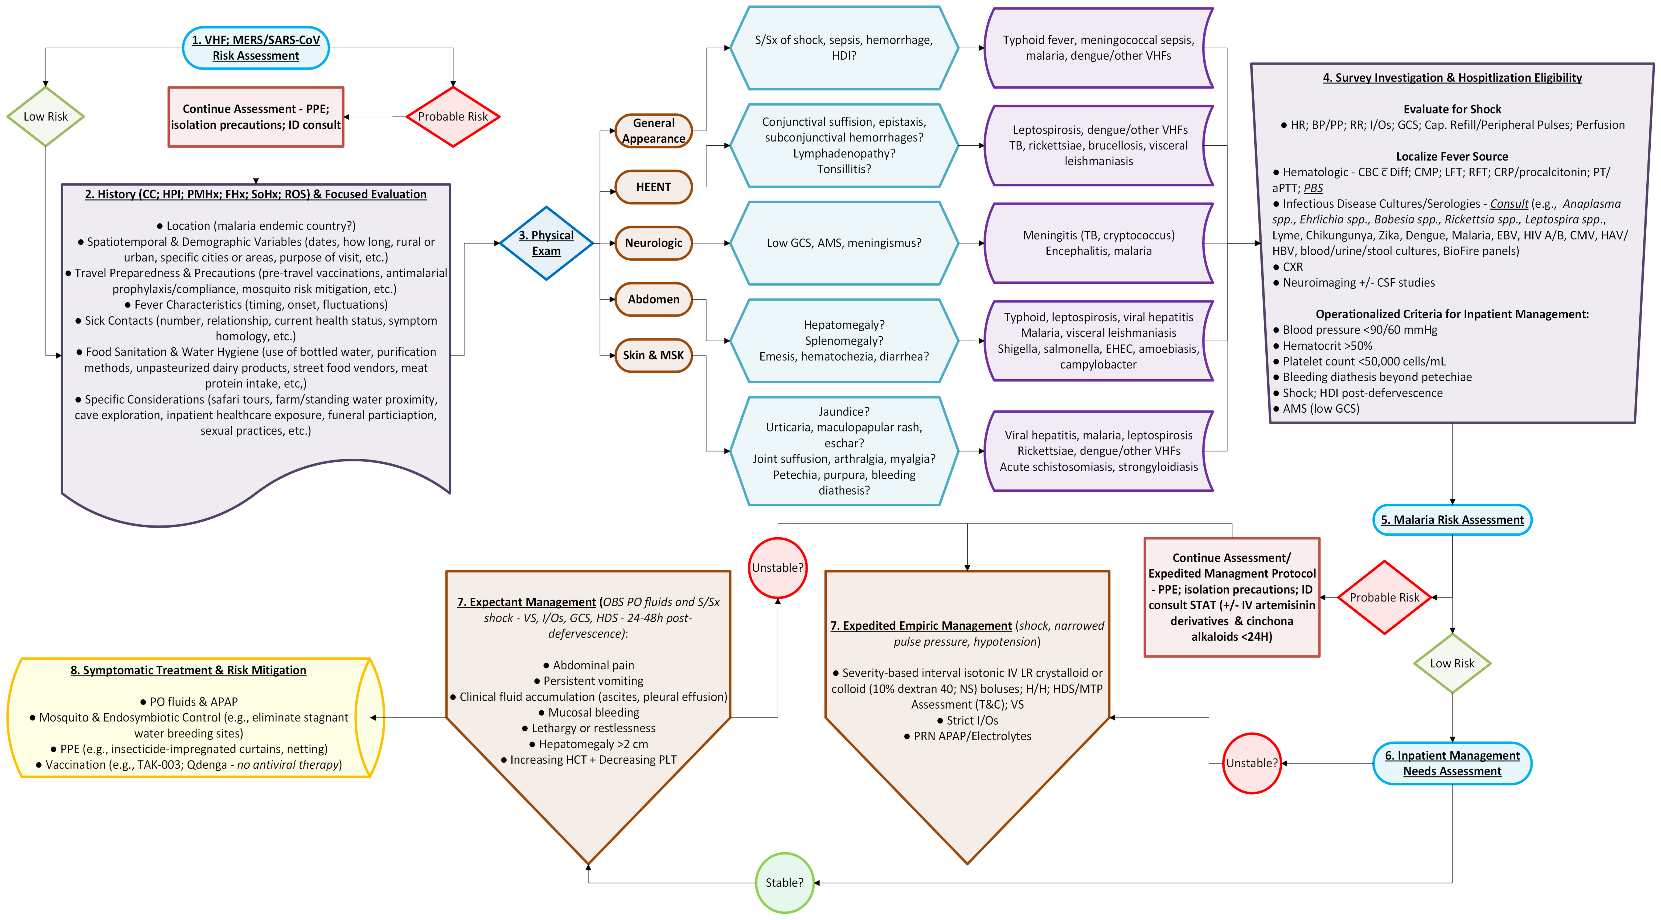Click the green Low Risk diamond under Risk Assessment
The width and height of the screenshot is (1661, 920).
point(45,117)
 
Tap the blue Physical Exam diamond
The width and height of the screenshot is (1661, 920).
point(546,243)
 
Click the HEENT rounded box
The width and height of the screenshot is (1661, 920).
point(653,187)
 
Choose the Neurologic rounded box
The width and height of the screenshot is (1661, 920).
point(653,243)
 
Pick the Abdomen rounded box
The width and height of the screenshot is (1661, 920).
point(653,299)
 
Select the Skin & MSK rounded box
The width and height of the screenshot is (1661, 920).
point(653,355)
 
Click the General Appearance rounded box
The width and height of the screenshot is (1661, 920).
point(653,131)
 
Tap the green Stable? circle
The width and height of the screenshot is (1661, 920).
point(784,883)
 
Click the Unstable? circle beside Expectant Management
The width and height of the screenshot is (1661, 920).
point(778,567)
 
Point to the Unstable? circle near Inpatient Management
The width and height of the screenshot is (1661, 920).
point(1251,763)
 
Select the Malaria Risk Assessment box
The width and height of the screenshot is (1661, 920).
point(1452,520)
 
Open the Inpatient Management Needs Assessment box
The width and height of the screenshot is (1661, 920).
point(1452,763)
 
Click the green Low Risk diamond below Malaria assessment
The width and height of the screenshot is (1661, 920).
point(1452,663)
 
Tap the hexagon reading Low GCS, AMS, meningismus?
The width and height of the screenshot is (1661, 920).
point(844,243)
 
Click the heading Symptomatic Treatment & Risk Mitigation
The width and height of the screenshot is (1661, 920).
point(188,670)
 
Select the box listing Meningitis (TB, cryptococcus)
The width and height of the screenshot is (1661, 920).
point(1099,243)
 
